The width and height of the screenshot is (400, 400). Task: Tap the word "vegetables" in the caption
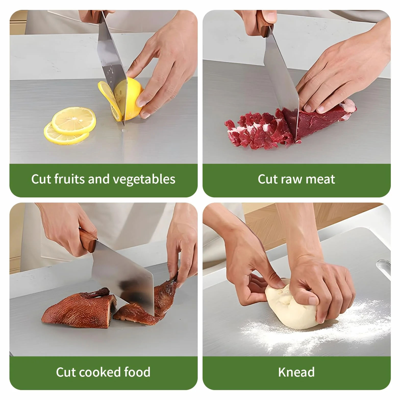[x=144, y=179]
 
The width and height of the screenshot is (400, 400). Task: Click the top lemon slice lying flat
[x=74, y=121]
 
